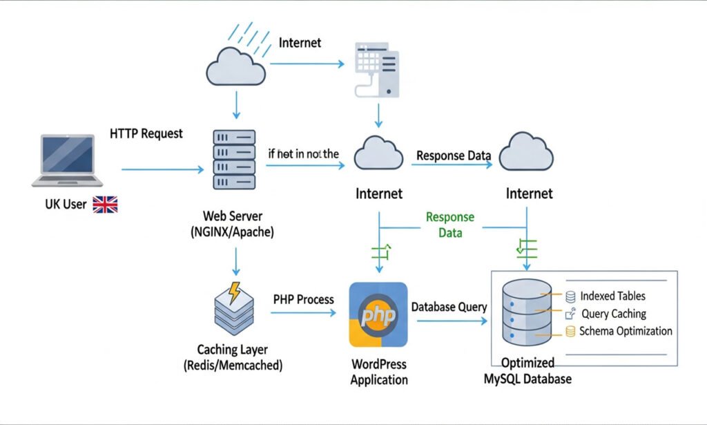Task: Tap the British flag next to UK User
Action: [x=106, y=204]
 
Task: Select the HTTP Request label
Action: [x=146, y=133]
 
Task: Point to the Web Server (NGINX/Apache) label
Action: [x=232, y=224]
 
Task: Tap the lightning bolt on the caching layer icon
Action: [x=235, y=293]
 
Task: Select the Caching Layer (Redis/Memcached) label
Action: [x=232, y=357]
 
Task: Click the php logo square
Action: [x=378, y=314]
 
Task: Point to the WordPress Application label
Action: [x=378, y=372]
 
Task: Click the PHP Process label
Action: [x=304, y=300]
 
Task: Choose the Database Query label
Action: [x=449, y=307]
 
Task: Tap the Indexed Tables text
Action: [x=612, y=296]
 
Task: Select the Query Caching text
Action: [x=614, y=314]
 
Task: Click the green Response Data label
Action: [x=450, y=225]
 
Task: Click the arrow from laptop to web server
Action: [x=163, y=169]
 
